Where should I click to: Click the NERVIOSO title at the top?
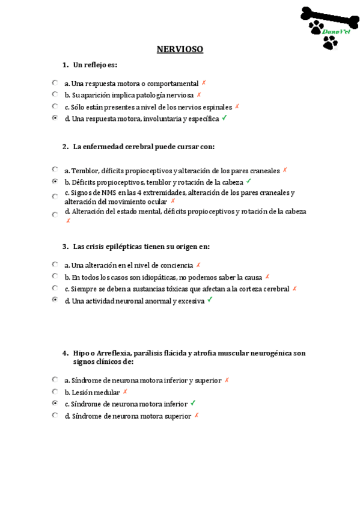click(180, 49)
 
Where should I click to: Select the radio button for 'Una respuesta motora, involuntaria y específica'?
click(55, 118)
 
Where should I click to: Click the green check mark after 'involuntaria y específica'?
click(224, 118)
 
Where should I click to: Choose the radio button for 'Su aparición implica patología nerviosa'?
click(55, 94)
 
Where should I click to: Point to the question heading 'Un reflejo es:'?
click(95, 64)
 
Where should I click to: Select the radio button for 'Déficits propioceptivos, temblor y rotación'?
click(55, 181)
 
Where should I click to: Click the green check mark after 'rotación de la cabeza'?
click(248, 181)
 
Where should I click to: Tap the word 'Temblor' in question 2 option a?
click(84, 170)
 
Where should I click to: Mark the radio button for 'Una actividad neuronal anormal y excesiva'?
click(55, 300)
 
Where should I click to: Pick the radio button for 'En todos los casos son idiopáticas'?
click(55, 276)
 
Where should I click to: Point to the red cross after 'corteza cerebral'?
click(294, 288)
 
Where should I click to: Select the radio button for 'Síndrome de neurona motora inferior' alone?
click(55, 403)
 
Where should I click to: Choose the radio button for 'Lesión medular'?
click(55, 392)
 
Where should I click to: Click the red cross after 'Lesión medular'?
click(125, 392)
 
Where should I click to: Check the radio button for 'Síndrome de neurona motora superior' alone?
click(55, 415)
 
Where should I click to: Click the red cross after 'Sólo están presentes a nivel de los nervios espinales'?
click(237, 106)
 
